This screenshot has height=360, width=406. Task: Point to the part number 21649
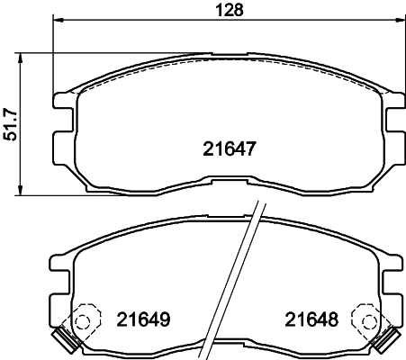click(x=144, y=319)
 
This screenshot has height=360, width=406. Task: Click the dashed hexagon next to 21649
click(x=85, y=320)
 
